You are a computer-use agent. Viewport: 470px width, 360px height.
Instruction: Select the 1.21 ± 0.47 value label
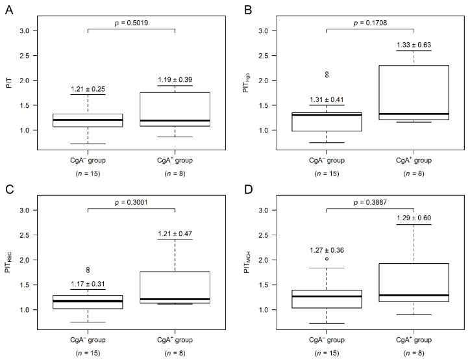[175, 232]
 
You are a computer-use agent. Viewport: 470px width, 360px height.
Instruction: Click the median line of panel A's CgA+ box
[175, 121]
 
